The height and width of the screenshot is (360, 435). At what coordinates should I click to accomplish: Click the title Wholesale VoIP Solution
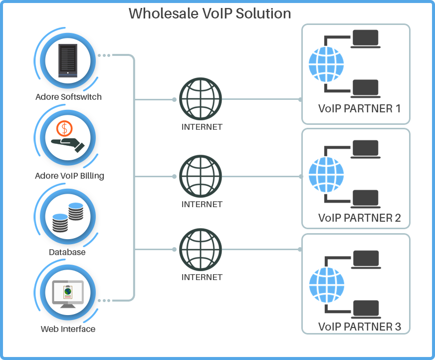(210, 13)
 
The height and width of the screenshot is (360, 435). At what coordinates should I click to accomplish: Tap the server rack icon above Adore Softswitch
(68, 60)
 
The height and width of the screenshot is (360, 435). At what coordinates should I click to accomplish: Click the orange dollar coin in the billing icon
(64, 129)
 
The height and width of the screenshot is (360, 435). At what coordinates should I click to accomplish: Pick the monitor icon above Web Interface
(68, 294)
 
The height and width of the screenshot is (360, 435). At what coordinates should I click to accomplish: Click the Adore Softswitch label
(68, 97)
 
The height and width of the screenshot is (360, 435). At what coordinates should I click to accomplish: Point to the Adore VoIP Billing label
(69, 176)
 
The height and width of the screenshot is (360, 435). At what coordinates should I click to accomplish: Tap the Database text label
(67, 252)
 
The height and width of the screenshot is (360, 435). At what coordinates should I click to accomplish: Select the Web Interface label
(68, 329)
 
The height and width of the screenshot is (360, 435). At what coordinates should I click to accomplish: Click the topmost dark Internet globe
(201, 99)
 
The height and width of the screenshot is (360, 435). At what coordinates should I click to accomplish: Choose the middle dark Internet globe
(201, 176)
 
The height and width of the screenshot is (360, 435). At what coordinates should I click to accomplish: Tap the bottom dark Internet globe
(201, 249)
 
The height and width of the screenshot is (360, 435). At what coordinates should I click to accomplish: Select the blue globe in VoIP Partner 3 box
(327, 283)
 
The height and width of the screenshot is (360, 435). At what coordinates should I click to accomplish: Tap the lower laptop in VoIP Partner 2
(366, 199)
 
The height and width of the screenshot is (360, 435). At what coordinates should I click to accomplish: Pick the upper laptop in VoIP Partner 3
(366, 259)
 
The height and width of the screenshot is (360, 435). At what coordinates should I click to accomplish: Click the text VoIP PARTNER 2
(359, 218)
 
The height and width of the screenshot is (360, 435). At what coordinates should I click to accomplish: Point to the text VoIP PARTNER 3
(359, 327)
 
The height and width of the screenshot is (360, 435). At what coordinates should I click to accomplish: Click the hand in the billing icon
(67, 144)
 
